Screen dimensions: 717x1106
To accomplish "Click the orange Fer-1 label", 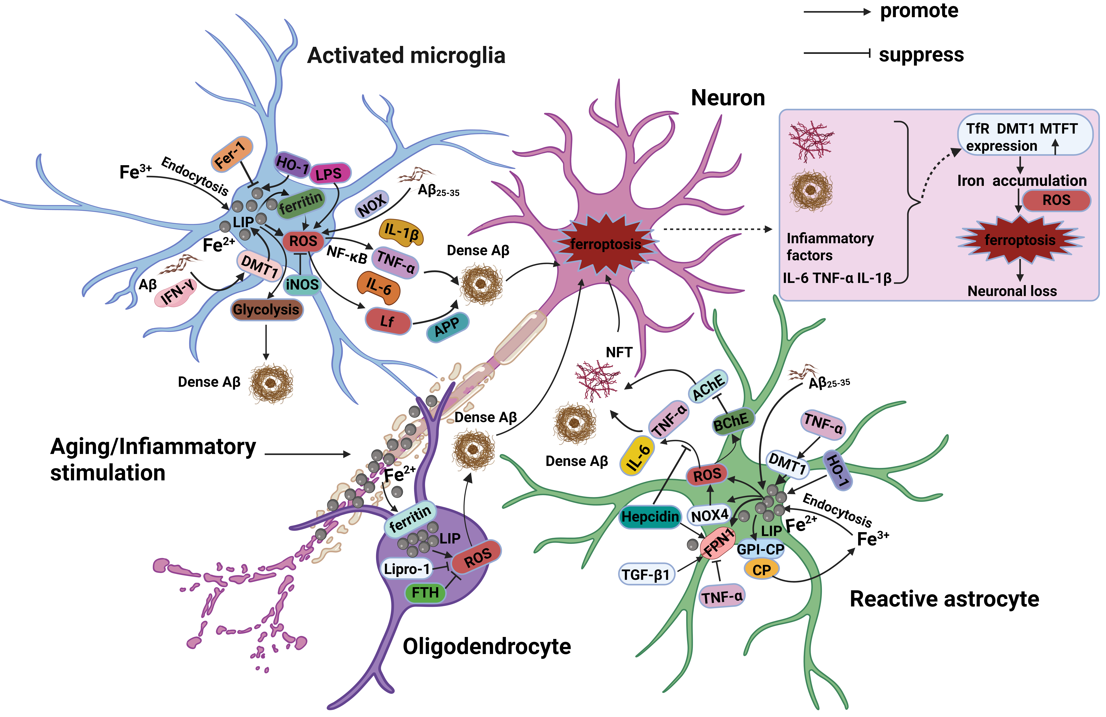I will coord(231,154).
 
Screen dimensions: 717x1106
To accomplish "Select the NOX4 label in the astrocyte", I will coord(710,515).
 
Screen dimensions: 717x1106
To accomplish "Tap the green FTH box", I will coord(425,592).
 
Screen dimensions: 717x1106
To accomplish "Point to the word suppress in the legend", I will coord(921,54).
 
